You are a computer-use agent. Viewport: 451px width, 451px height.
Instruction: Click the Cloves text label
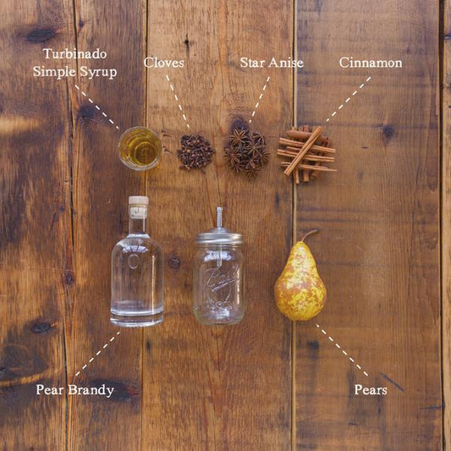(164, 63)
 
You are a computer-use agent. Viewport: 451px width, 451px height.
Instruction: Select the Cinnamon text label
(371, 63)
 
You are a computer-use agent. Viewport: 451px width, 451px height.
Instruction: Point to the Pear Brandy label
(74, 390)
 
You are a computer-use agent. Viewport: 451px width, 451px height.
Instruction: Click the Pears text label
(371, 390)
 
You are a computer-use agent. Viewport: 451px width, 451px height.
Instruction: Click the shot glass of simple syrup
(140, 148)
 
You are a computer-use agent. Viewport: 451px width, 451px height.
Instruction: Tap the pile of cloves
(195, 151)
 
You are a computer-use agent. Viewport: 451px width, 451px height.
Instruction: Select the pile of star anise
(245, 151)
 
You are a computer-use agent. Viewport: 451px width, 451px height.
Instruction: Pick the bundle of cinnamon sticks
(305, 153)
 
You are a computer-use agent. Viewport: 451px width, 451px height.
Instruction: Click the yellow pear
(300, 283)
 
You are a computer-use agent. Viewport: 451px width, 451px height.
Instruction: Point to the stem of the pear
(309, 235)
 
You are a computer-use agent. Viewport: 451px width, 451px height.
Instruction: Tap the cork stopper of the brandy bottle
(138, 203)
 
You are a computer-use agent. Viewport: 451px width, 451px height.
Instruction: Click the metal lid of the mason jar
(219, 237)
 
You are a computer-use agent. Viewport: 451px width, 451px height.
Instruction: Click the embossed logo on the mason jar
(218, 280)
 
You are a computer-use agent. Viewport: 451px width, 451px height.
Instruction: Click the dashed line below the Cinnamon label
(348, 100)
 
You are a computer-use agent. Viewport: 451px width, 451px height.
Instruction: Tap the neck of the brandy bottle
(138, 223)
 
